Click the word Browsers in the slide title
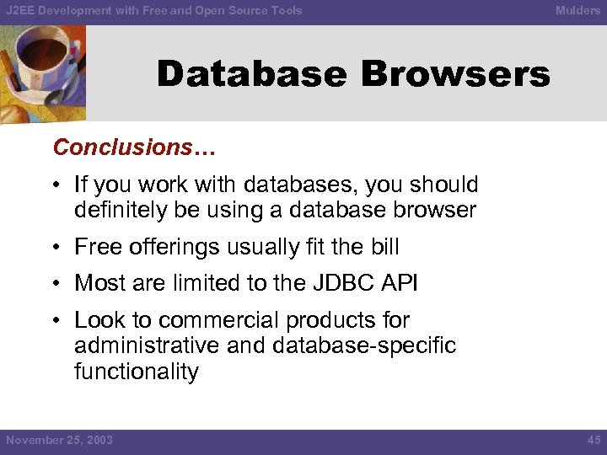455,74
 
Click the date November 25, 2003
59,440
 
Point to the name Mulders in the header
577,11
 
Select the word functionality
137,372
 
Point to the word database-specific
372,346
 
